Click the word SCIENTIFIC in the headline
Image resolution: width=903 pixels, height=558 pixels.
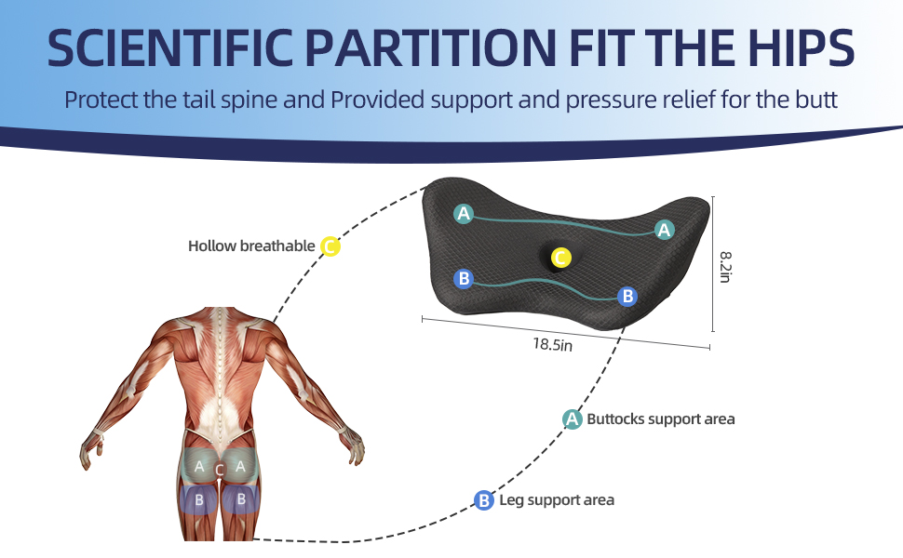170,47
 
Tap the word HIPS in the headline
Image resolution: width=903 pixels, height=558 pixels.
802,47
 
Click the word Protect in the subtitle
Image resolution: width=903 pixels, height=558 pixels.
101,100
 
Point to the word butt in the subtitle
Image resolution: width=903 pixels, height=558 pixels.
816,100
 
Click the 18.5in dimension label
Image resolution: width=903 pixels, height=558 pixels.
552,344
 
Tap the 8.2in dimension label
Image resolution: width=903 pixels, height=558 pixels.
725,267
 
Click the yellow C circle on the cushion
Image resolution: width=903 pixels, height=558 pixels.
561,258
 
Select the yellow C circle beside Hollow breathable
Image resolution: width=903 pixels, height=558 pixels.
330,246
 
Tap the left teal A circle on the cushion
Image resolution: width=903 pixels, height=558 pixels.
464,214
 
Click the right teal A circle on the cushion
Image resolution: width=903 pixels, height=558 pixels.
664,230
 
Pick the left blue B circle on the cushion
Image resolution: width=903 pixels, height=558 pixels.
464,279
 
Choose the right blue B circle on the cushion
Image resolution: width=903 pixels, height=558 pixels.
627,297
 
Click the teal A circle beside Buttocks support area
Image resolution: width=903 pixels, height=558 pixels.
572,418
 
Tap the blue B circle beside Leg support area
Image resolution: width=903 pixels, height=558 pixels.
484,500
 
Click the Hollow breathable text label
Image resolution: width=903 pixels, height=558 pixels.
251,246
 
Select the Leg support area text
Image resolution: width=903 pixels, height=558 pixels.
557,500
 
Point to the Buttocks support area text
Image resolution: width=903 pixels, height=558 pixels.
661,418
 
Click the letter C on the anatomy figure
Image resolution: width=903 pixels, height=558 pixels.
220,470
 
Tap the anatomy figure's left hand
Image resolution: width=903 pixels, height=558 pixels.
92,448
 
